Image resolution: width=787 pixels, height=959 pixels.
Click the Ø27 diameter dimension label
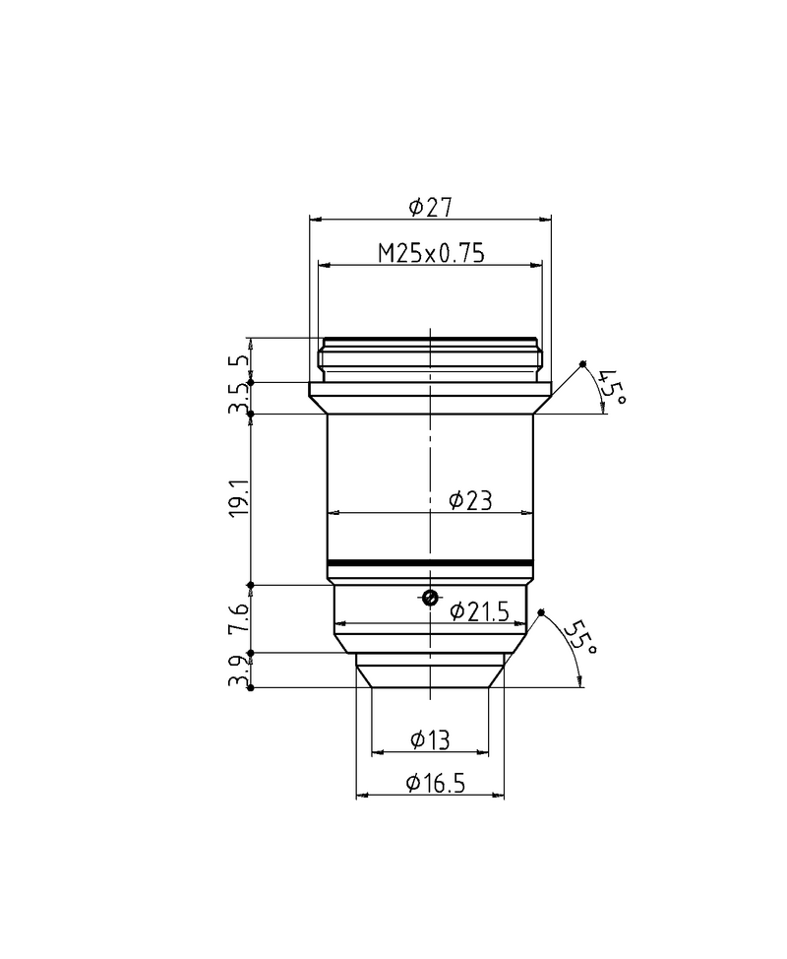tap(429, 207)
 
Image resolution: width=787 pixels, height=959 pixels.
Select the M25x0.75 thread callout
tap(432, 254)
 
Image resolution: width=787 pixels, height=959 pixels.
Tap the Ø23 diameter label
tap(469, 501)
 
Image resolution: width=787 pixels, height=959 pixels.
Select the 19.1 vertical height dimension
tap(237, 500)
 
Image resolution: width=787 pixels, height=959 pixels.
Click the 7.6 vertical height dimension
tap(237, 619)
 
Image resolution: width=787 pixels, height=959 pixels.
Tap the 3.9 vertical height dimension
tap(237, 671)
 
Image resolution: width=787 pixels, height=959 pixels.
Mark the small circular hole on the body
tap(429, 597)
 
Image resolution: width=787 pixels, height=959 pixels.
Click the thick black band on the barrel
tap(430, 564)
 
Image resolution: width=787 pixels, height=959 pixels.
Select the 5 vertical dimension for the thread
tap(237, 361)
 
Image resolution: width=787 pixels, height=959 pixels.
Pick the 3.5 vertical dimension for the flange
tap(237, 398)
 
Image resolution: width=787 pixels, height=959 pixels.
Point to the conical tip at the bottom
tap(430, 674)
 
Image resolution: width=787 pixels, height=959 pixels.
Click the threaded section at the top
tap(430, 359)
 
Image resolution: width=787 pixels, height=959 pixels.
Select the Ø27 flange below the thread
tap(430, 398)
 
